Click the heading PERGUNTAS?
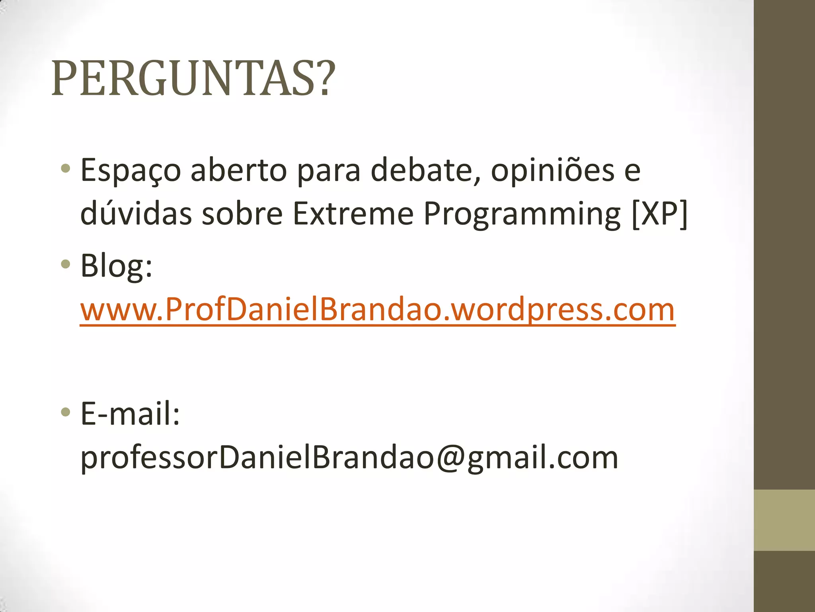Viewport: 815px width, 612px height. click(193, 78)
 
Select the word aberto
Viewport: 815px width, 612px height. click(238, 170)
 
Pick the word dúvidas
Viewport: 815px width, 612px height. click(136, 213)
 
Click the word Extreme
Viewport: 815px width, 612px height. click(353, 213)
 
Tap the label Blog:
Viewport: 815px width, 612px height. click(116, 266)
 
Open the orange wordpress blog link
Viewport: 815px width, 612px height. click(378, 310)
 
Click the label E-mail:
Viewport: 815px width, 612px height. click(130, 414)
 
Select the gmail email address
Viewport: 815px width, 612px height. click(349, 457)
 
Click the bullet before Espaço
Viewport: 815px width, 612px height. click(66, 169)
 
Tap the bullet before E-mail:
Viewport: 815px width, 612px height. click(66, 412)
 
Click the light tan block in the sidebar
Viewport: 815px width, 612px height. click(784, 520)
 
